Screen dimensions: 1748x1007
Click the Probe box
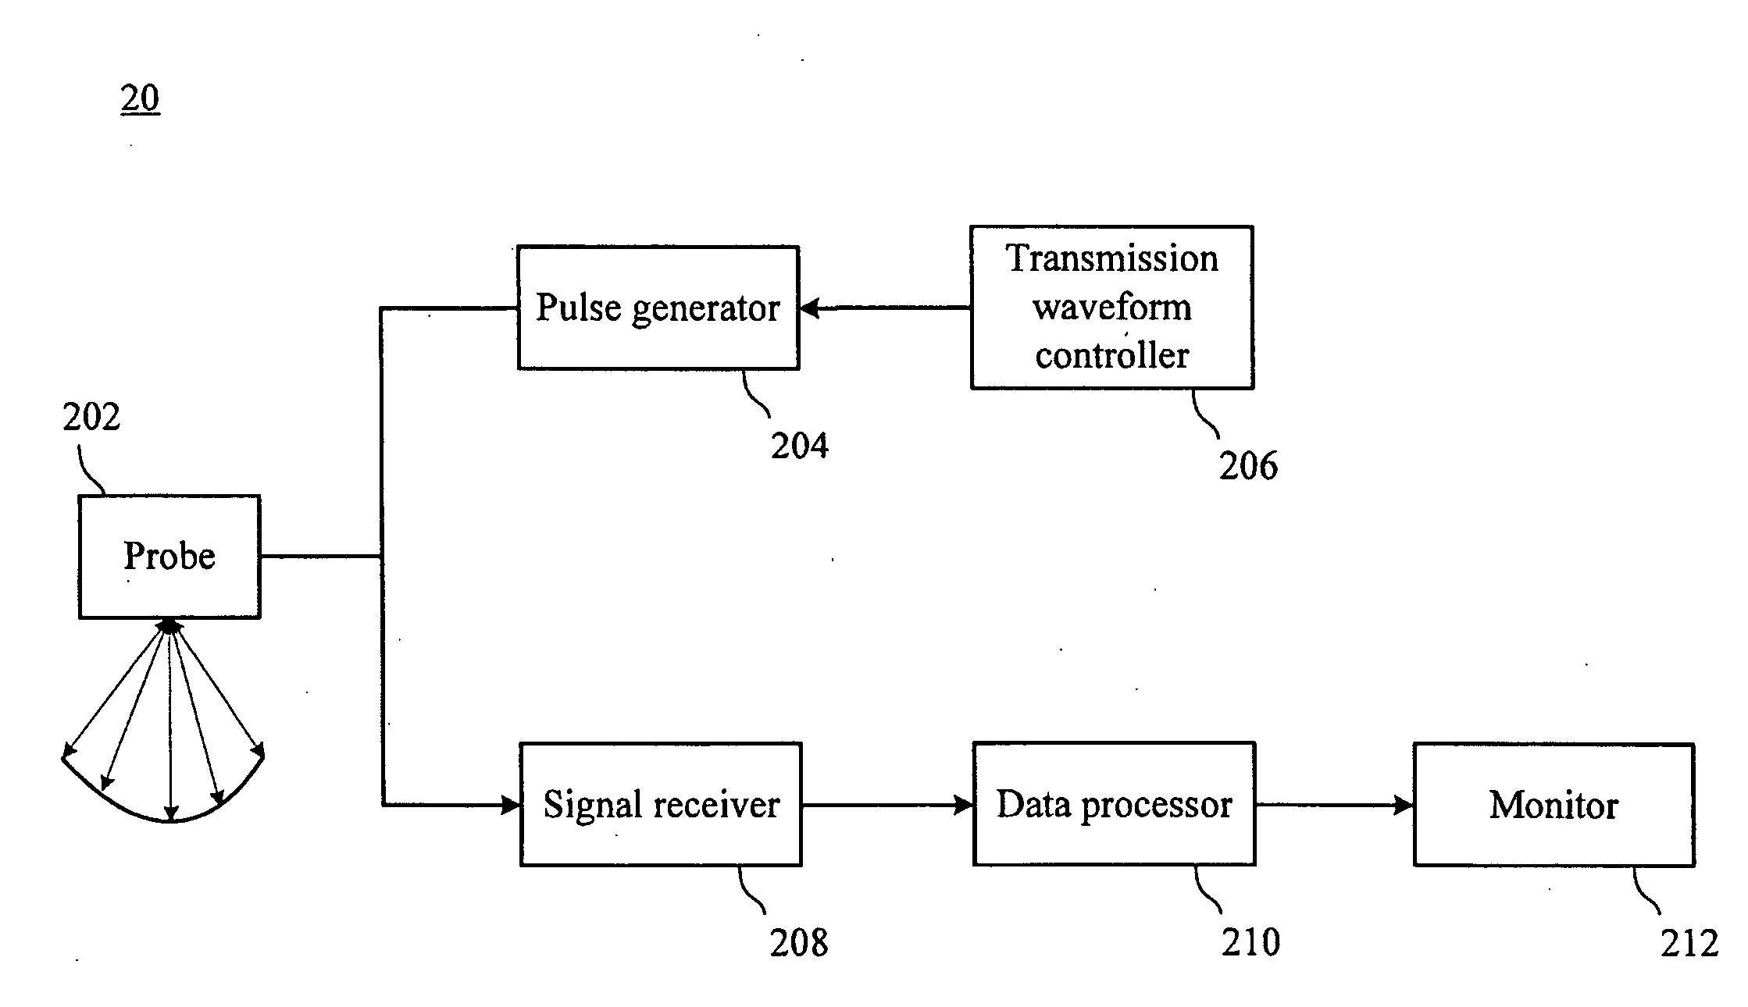tap(169, 557)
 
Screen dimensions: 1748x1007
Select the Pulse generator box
tap(658, 308)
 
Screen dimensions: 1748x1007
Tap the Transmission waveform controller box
tap(1112, 308)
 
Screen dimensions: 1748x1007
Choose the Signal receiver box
tap(661, 804)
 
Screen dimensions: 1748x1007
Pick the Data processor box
tap(1115, 804)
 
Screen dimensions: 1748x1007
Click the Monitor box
tap(1554, 805)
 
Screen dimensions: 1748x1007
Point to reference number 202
tap(91, 417)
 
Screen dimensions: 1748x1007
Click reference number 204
tap(800, 446)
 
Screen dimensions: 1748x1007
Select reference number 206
tap(1248, 466)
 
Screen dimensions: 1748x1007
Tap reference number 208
tap(799, 943)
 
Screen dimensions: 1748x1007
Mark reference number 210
tap(1251, 943)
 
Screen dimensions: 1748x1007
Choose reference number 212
tap(1689, 945)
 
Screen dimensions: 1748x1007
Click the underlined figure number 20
tap(141, 98)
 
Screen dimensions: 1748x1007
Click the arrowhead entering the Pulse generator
tap(809, 308)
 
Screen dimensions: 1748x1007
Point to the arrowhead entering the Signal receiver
tap(511, 805)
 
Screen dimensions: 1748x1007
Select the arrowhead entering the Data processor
tap(964, 805)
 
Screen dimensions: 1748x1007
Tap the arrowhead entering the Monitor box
tap(1404, 805)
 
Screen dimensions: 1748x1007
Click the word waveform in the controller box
tap(1112, 307)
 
